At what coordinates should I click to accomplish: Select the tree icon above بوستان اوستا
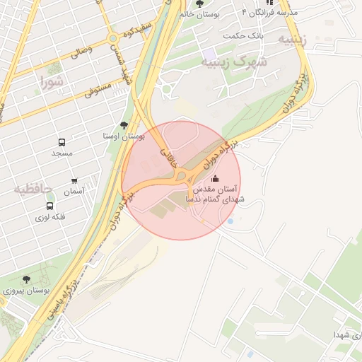click(x=124, y=124)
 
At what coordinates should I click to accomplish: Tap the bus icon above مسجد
click(x=62, y=141)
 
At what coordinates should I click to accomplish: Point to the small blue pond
click(x=230, y=221)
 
